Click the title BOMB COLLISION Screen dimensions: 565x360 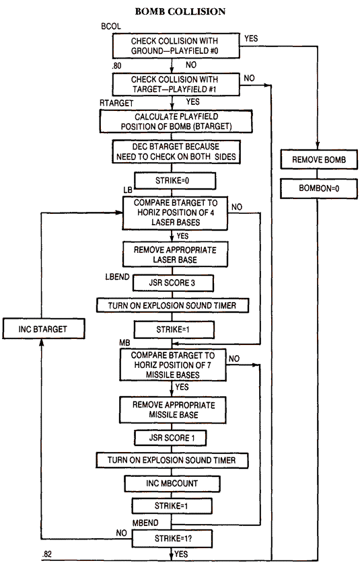(x=180, y=11)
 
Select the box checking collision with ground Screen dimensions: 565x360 (x=174, y=46)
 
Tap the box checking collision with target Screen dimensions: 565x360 (x=174, y=83)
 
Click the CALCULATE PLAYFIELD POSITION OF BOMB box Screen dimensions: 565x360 (x=174, y=122)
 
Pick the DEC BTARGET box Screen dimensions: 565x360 (x=174, y=151)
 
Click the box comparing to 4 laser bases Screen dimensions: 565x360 (x=174, y=213)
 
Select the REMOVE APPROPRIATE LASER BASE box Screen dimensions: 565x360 (x=174, y=255)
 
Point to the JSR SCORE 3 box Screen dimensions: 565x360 (x=174, y=282)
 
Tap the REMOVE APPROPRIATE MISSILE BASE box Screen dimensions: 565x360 (x=174, y=410)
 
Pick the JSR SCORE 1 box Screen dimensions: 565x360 (x=174, y=438)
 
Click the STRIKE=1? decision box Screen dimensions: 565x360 (x=174, y=538)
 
